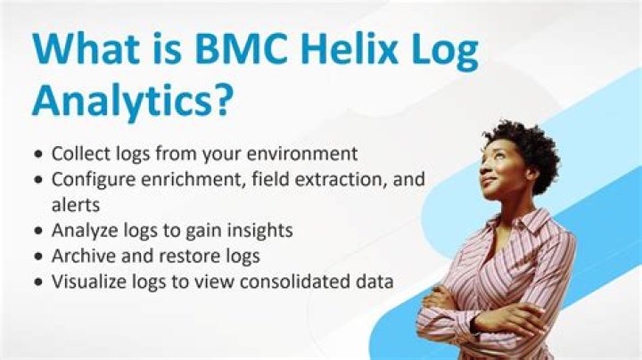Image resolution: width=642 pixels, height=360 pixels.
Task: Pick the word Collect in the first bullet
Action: tap(80, 152)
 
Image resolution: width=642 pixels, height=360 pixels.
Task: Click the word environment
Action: tap(298, 152)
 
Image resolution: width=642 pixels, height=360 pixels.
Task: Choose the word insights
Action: tap(261, 230)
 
